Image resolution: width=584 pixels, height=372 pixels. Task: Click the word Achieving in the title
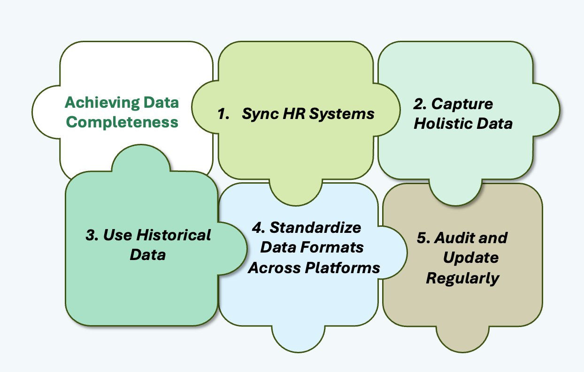[x=102, y=103]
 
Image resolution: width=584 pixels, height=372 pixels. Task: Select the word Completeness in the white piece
[x=122, y=122]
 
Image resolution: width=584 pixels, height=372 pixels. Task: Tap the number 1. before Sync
[x=223, y=114]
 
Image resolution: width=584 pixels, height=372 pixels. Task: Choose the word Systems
[x=342, y=114]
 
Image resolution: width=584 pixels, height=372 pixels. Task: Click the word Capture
[x=462, y=104]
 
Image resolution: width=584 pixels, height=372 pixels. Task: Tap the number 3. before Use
[x=92, y=235]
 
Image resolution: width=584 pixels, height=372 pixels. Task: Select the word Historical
[x=173, y=235]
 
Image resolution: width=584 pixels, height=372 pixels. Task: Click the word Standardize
[x=315, y=228]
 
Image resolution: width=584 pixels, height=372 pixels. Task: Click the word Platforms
[x=342, y=268]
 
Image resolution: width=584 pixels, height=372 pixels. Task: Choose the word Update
[x=470, y=258]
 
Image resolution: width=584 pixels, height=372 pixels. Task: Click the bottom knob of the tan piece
[x=462, y=339]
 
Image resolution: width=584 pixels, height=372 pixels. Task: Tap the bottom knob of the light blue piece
[x=299, y=339]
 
